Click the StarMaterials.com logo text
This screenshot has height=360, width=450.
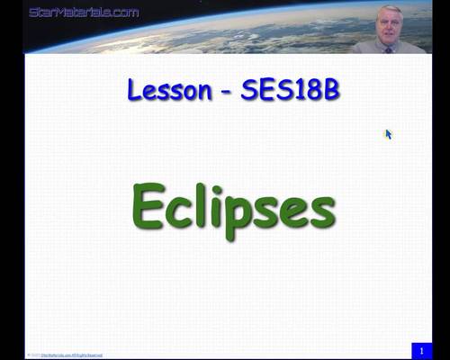[84, 13]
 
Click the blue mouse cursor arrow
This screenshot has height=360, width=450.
[388, 134]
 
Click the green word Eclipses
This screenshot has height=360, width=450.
[233, 207]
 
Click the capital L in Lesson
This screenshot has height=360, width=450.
[135, 90]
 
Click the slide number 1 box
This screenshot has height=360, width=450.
[420, 350]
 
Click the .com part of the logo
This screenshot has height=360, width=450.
[122, 13]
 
